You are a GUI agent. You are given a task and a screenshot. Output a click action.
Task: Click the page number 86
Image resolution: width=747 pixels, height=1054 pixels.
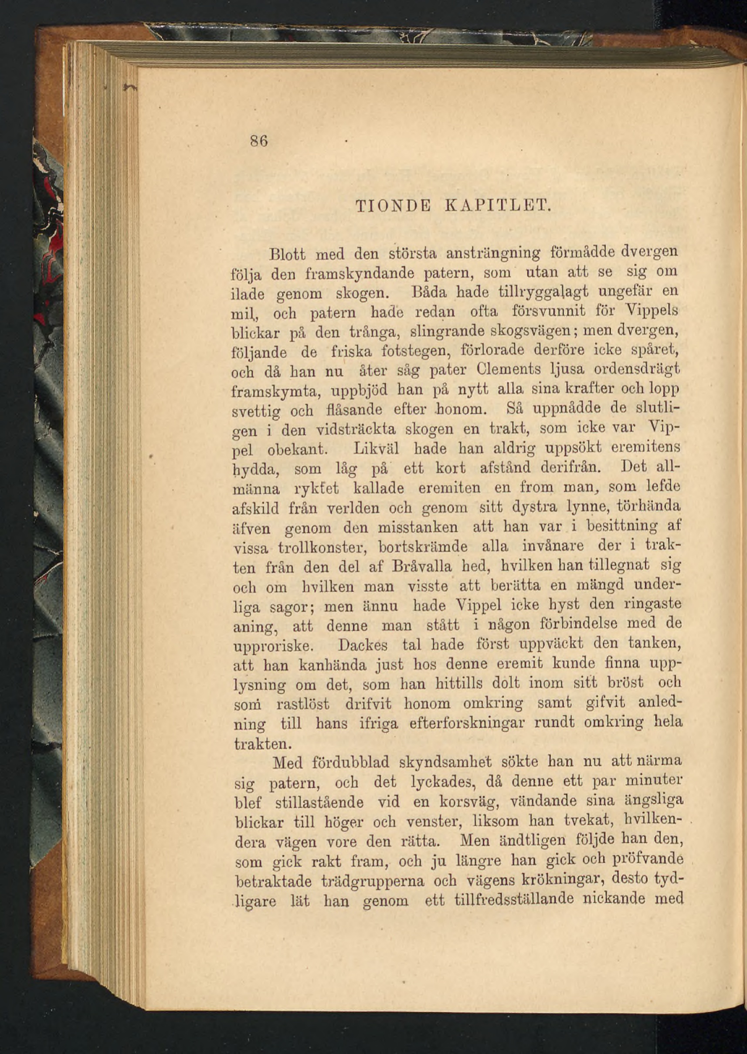click(259, 141)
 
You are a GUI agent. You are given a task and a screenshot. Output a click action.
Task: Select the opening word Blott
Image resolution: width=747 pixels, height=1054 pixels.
click(289, 252)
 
